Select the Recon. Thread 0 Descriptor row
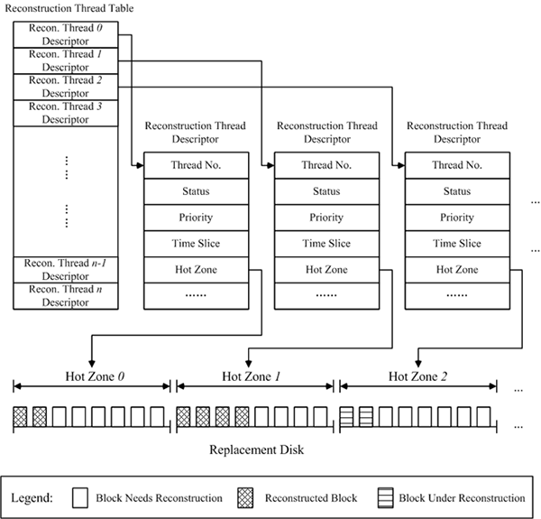(65, 34)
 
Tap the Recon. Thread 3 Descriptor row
(65, 112)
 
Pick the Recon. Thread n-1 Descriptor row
(65, 269)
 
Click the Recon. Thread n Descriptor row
(65, 295)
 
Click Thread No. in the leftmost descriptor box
(197, 165)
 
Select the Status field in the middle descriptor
(326, 191)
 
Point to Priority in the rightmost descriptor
(457, 218)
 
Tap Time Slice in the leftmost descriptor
(197, 244)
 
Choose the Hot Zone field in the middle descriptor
(326, 270)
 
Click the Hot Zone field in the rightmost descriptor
(457, 270)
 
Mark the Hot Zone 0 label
(91, 375)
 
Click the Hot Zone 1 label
(255, 375)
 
